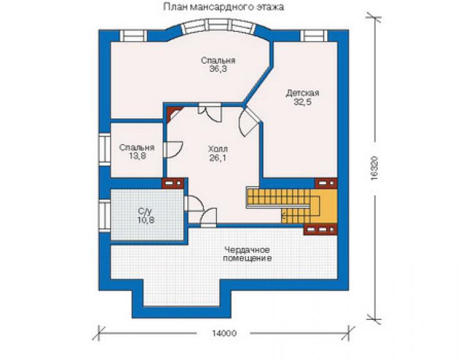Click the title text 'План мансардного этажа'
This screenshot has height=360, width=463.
[x=223, y=7]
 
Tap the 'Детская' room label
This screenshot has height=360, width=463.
[x=303, y=93]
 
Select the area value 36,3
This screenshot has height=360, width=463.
[x=218, y=69]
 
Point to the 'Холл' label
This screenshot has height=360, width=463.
[x=218, y=148]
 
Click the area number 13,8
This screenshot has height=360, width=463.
[x=137, y=156]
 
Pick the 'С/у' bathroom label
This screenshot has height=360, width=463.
[x=145, y=211]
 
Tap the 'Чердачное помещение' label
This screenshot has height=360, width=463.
[x=247, y=254]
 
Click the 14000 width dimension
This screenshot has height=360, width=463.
[x=224, y=334]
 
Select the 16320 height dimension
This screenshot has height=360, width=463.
[x=374, y=168]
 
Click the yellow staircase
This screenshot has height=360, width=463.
[x=292, y=206]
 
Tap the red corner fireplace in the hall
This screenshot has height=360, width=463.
[x=174, y=114]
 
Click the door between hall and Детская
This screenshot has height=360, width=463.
[x=248, y=121]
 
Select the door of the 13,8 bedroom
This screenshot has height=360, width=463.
[x=173, y=150]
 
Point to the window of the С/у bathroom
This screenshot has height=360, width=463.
[x=104, y=215]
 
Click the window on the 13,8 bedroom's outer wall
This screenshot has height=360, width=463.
[x=104, y=150]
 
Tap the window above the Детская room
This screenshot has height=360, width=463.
[x=314, y=36]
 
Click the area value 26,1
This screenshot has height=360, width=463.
[x=218, y=158]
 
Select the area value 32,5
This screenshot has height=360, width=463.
[x=303, y=102]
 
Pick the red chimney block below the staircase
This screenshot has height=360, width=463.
[x=320, y=229]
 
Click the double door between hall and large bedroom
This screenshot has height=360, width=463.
[x=210, y=112]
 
